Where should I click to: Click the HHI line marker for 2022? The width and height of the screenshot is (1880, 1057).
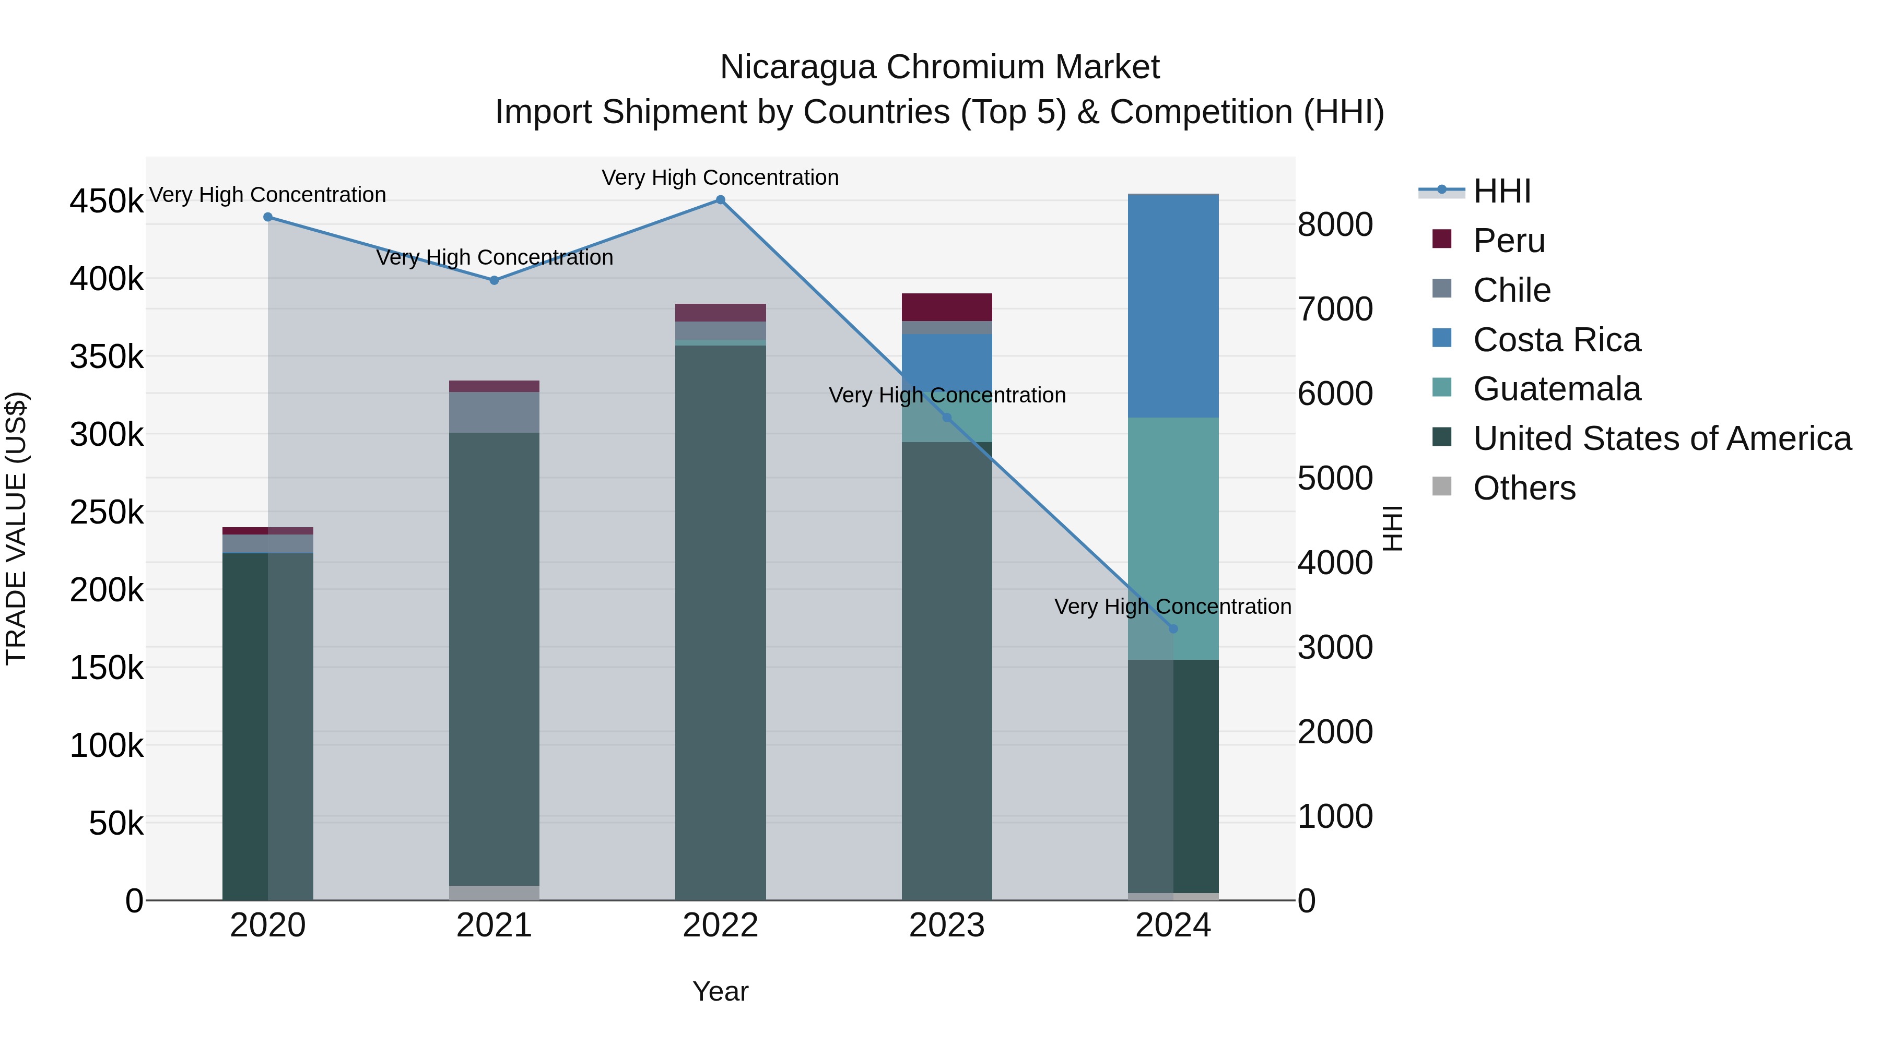coord(720,200)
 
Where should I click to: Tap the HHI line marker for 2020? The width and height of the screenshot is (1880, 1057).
coord(268,217)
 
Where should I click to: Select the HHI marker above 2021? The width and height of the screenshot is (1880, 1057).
coord(494,280)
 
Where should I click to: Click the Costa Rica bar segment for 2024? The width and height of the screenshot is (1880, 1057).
coord(1173,306)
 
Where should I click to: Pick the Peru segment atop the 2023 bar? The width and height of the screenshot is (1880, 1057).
coord(947,307)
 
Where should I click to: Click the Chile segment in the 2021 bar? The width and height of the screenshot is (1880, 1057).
coord(494,412)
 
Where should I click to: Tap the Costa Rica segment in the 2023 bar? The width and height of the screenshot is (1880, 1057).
coord(947,358)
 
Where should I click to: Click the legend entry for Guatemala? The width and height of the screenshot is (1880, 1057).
coord(1556,389)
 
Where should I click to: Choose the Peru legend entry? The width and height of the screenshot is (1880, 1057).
coord(1509,241)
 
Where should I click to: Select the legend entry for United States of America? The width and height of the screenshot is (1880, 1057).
coord(1662,438)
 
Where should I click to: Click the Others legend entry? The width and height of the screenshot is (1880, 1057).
coord(1524,488)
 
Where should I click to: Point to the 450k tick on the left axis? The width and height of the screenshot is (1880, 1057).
coord(107,201)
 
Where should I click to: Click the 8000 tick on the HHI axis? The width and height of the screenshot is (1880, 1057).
coord(1335,224)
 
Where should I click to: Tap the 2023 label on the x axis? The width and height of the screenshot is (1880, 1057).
coord(947,925)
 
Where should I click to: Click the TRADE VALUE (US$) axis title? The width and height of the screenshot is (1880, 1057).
coord(17,528)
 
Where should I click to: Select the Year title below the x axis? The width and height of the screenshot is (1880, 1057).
coord(720,991)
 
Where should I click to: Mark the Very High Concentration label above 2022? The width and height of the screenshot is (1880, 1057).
coord(720,177)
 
